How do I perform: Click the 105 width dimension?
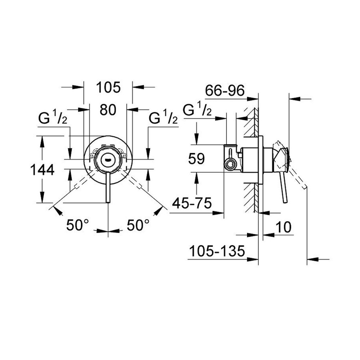pyautogui.click(x=108, y=87)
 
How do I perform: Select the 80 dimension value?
pyautogui.click(x=108, y=110)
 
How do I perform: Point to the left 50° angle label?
pyautogui.click(x=77, y=226)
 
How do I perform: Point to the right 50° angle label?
pyautogui.click(x=138, y=226)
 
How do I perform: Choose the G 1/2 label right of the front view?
pyautogui.click(x=163, y=118)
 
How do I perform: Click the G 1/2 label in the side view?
pyautogui.click(x=197, y=110)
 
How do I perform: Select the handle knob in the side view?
pyautogui.click(x=283, y=155)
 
